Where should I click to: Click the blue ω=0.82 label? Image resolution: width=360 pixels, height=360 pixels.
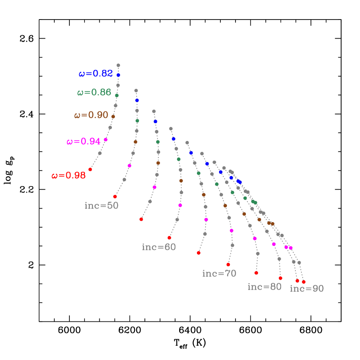(x=95, y=74)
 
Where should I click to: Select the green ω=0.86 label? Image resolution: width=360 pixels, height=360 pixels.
(x=94, y=92)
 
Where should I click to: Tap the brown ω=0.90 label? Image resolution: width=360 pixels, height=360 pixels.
(x=91, y=115)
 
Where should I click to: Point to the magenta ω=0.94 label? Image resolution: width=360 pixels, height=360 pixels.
(x=84, y=141)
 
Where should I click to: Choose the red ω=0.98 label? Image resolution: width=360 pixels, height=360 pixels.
(x=69, y=176)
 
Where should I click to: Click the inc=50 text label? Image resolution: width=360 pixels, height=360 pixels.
(x=101, y=206)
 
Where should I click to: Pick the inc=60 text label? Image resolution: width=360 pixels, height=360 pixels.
(x=159, y=247)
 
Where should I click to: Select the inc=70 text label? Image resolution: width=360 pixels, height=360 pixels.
(x=219, y=273)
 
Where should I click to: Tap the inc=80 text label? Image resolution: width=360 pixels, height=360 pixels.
(x=265, y=287)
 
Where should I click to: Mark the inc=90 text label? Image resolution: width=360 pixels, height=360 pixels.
(x=307, y=289)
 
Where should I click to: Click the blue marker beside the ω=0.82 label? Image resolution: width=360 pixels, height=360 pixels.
(x=118, y=75)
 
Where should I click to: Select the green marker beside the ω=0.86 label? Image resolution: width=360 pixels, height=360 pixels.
(x=117, y=95)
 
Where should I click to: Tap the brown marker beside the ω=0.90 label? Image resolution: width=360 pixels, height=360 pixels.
(x=113, y=116)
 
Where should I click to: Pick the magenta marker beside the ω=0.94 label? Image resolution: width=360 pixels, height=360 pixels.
(x=106, y=140)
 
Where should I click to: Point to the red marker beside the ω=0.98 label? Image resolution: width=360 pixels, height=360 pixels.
(x=90, y=170)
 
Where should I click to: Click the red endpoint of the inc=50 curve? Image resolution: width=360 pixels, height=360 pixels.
(x=115, y=196)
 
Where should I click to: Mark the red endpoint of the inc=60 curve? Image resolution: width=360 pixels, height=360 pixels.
(x=169, y=238)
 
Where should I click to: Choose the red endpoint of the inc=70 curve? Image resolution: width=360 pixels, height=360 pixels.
(x=228, y=265)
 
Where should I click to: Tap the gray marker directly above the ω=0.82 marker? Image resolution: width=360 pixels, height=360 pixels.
(x=118, y=65)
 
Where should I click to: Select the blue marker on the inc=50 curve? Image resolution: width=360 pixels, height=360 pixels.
(x=137, y=100)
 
